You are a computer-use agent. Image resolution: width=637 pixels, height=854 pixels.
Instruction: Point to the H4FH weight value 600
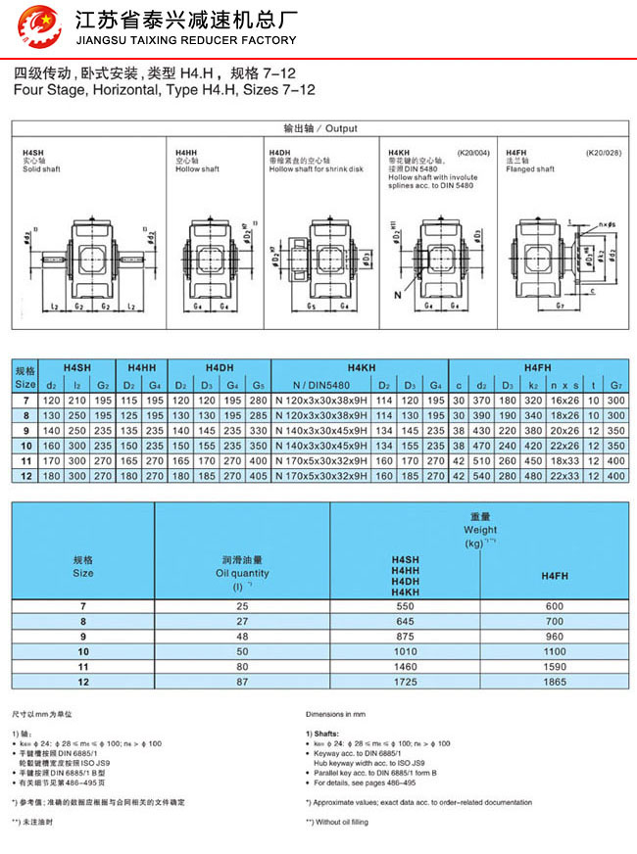554,607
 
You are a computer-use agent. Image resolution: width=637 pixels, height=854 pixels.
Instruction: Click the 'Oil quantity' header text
242,573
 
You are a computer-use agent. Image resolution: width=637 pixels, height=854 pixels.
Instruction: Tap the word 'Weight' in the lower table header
480,529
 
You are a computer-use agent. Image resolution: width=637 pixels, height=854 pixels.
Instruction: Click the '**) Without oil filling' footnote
337,822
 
